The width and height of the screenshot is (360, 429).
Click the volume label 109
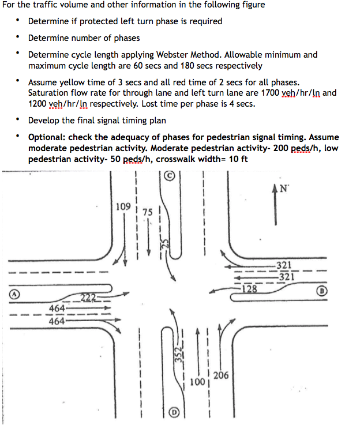point(122,206)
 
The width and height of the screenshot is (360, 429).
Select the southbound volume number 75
point(148,212)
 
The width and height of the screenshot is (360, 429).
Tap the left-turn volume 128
point(249,289)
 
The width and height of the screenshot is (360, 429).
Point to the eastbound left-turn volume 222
point(88,298)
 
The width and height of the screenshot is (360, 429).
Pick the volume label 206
point(220,375)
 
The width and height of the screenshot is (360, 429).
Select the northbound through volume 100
point(197,382)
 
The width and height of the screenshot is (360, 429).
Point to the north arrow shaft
point(276,210)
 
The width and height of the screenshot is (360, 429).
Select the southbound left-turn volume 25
point(164,244)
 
